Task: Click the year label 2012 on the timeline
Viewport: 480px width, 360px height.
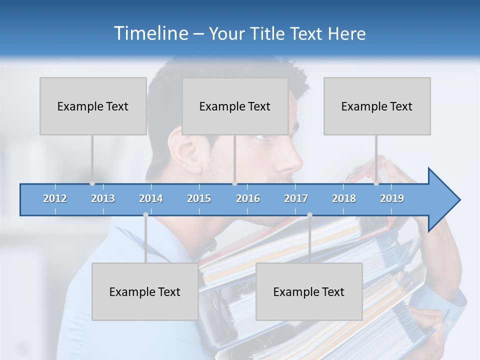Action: click(55, 198)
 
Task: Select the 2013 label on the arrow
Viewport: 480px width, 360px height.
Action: click(103, 198)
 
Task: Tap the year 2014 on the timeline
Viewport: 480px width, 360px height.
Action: click(151, 198)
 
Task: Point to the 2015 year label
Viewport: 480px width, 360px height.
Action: click(199, 198)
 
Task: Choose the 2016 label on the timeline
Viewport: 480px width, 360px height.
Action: click(248, 198)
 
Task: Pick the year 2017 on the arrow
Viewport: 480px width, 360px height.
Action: click(296, 198)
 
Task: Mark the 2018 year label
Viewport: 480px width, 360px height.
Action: click(344, 198)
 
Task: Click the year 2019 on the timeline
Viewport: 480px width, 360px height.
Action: click(392, 198)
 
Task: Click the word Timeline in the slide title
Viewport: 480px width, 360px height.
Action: click(149, 33)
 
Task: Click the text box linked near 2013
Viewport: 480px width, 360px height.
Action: click(93, 106)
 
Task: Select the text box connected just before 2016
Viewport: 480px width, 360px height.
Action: click(235, 106)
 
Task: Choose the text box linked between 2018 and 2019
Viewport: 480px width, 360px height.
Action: click(377, 106)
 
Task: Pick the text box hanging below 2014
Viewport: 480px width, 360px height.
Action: click(145, 291)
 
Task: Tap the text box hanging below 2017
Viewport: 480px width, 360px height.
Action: click(309, 291)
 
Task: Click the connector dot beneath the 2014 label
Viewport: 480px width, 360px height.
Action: click(145, 214)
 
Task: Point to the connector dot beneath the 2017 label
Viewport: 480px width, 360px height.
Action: click(309, 214)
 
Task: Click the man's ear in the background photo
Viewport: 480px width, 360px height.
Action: click(183, 150)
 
